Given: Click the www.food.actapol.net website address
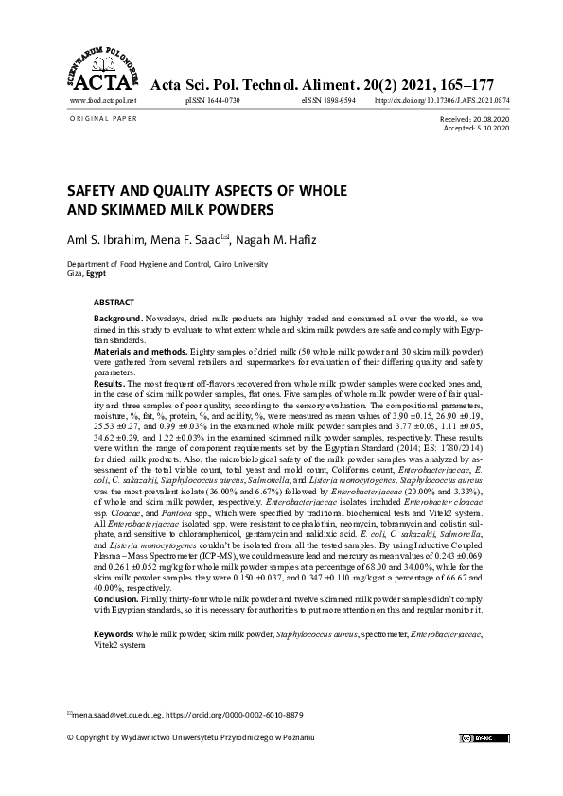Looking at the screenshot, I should pyautogui.click(x=103, y=99).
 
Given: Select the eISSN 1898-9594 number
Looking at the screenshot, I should pyautogui.click(x=328, y=99).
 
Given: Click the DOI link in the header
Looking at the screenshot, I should pyautogui.click(x=442, y=99).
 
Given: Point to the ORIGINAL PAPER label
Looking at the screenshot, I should pyautogui.click(x=104, y=119).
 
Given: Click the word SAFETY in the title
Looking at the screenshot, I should pyautogui.click(x=94, y=189).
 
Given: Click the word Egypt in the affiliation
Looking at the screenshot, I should pyautogui.click(x=95, y=272).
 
